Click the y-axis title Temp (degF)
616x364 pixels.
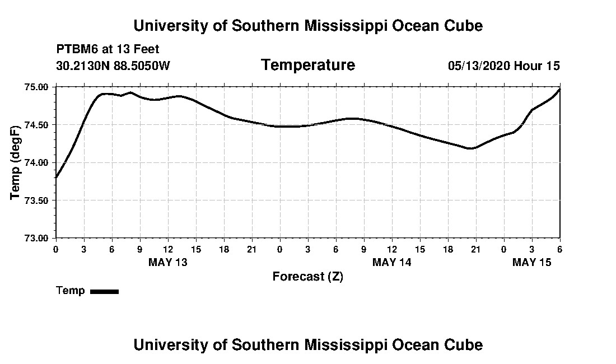pos(15,162)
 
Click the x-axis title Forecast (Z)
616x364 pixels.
pos(307,277)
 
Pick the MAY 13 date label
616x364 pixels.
pos(168,262)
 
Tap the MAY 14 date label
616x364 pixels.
pos(392,262)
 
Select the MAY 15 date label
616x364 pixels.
pos(532,262)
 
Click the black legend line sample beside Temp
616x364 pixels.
pos(104,291)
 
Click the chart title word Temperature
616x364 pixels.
pos(307,66)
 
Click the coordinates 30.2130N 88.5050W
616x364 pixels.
pos(113,66)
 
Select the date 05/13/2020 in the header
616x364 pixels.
pos(479,66)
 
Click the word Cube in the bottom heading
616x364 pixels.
pos(464,345)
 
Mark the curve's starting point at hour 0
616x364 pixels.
pos(56,178)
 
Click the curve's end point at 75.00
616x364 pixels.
pos(559,88)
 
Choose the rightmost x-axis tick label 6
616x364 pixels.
pos(559,249)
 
